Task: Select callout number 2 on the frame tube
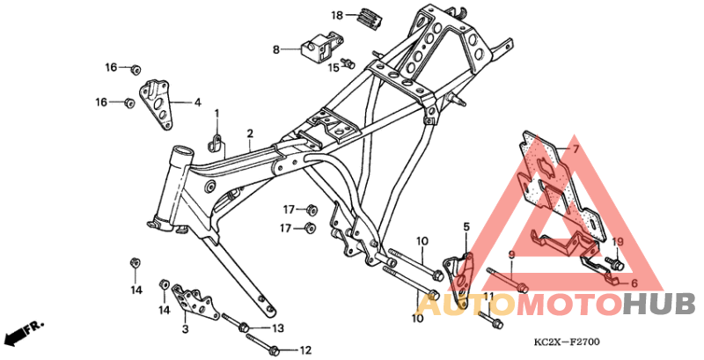pyautogui.click(x=250, y=134)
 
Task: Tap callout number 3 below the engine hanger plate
pyautogui.click(x=185, y=329)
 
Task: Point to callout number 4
pyautogui.click(x=197, y=102)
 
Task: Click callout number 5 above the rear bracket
pyautogui.click(x=467, y=226)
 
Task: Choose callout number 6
pyautogui.click(x=632, y=283)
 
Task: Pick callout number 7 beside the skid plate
pyautogui.click(x=576, y=151)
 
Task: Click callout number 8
pyautogui.click(x=275, y=50)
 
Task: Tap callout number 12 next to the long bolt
pyautogui.click(x=305, y=350)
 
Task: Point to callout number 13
pyautogui.click(x=278, y=328)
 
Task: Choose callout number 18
pyautogui.click(x=335, y=15)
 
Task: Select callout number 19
pyautogui.click(x=617, y=242)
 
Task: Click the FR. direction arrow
pyautogui.click(x=23, y=333)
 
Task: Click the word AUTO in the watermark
pyautogui.click(x=466, y=305)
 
